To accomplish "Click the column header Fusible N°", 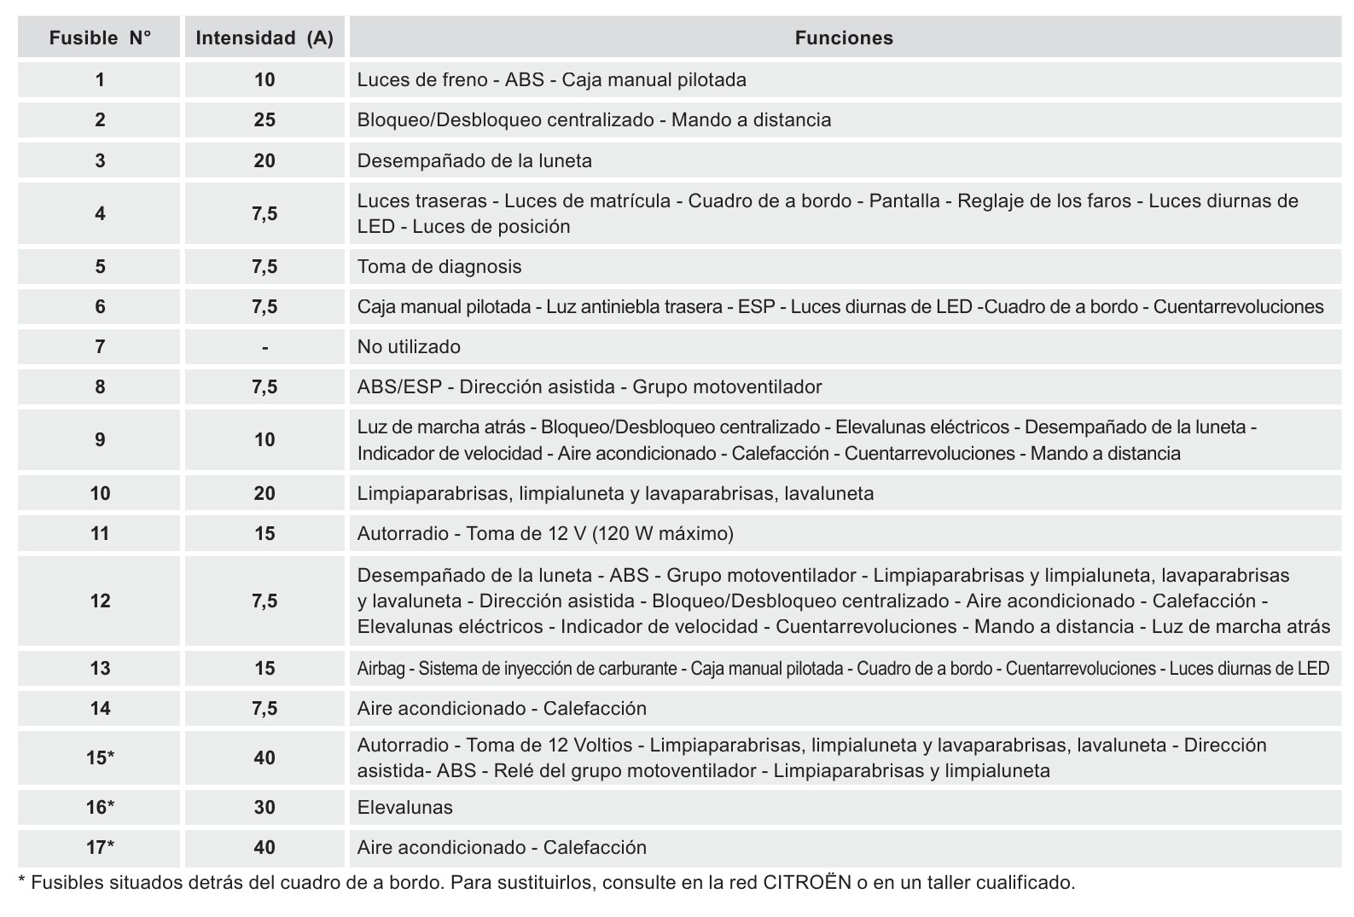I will coord(100,38).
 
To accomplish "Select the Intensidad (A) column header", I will coord(264,38).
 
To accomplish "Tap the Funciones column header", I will coord(844,38).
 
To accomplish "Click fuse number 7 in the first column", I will coord(100,347).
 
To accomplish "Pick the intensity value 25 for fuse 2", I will coord(264,120).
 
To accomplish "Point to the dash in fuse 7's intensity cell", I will coord(265,347).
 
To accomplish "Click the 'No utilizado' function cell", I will coord(409,347).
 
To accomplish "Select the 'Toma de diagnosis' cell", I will coord(439,267).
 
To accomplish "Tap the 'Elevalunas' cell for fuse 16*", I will coord(405,808).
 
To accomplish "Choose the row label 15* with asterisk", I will coord(100,758).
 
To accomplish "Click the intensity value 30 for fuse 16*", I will coord(264,808).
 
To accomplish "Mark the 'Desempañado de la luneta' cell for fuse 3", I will coord(474,161).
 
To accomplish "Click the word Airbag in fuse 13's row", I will coord(381,669).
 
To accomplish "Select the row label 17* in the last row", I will coord(100,848).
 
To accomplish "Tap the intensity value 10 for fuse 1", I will coord(264,80).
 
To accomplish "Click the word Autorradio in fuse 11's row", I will coord(403,534).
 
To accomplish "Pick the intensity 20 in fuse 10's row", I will coord(264,494).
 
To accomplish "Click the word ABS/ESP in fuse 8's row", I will coord(399,387).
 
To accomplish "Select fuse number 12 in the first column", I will coord(100,601).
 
